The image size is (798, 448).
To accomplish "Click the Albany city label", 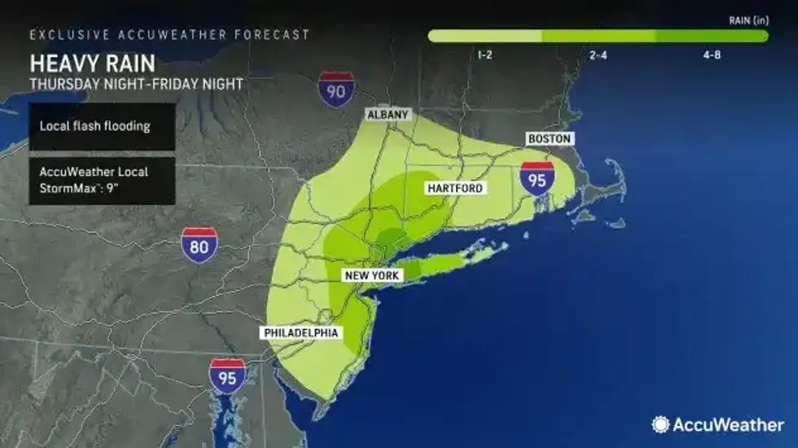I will [388, 115].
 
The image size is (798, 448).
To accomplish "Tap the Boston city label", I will [549, 139].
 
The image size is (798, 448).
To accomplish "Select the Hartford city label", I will [455, 188].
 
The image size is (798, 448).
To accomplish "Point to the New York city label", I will [372, 276].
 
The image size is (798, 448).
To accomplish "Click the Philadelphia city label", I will [300, 333].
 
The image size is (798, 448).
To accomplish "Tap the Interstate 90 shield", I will [335, 88].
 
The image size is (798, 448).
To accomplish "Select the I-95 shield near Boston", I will [537, 178].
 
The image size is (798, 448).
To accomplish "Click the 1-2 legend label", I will [484, 55].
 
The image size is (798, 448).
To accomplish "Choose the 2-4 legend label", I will [597, 55].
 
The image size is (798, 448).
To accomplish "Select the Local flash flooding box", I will [102, 126].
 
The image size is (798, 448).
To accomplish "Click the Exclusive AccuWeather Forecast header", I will [169, 35].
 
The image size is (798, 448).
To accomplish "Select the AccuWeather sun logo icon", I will [661, 424].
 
